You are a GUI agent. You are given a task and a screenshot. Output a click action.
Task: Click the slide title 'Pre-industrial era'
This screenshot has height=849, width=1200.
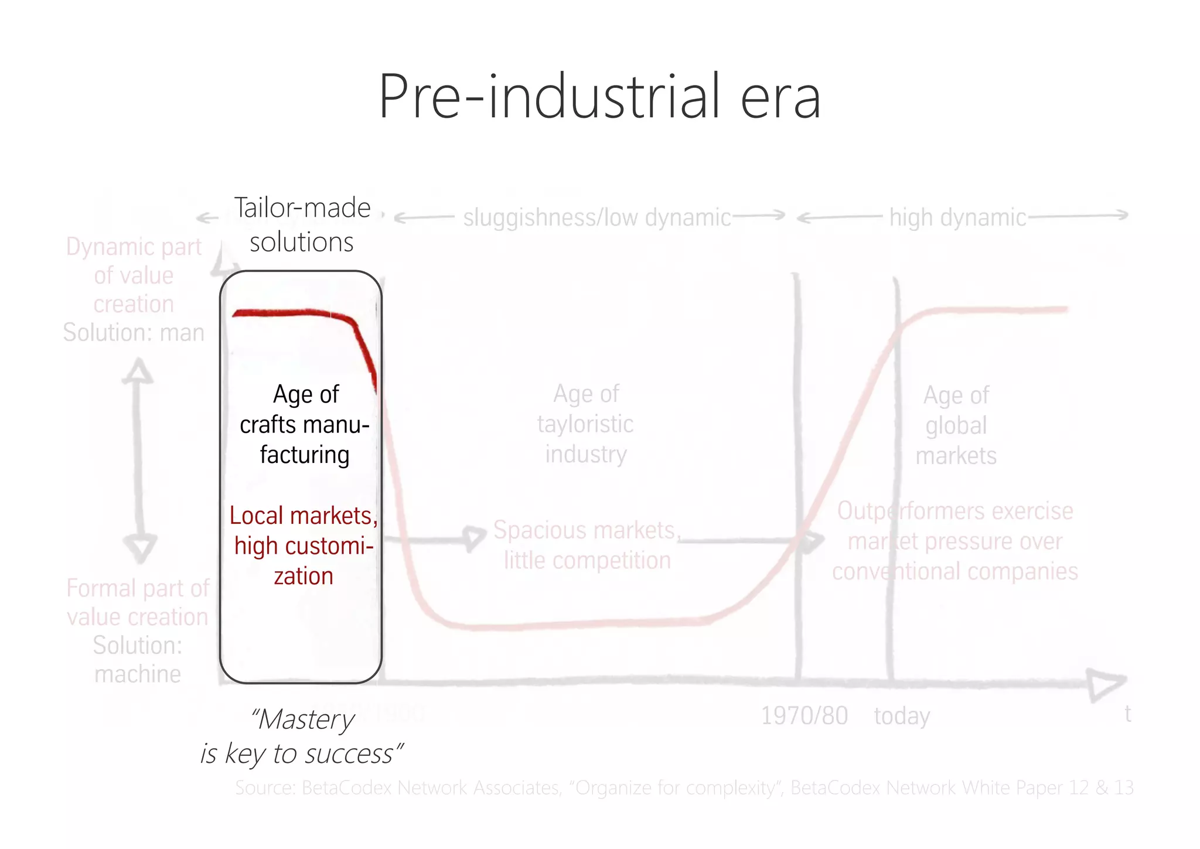click(x=599, y=97)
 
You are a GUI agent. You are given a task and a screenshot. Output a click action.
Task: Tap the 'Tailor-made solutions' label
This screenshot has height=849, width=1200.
click(x=302, y=225)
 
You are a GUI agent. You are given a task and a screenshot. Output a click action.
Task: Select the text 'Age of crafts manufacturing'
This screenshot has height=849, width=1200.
click(x=305, y=424)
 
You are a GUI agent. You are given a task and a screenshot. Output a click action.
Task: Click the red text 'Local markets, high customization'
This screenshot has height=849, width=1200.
click(x=304, y=545)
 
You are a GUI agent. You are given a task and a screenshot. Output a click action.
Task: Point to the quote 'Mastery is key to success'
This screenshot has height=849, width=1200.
click(x=302, y=737)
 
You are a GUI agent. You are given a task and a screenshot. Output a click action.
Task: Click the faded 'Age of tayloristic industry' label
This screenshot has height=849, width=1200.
click(x=585, y=424)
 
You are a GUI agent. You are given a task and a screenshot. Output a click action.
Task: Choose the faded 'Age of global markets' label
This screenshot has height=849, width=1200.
click(x=956, y=425)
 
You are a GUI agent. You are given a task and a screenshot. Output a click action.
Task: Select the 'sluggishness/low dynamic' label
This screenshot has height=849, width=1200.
click(x=596, y=217)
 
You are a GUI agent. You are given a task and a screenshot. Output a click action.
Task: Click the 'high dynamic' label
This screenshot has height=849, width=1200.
click(x=957, y=217)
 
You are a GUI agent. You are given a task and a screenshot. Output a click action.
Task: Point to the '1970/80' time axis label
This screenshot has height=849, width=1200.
click(x=804, y=715)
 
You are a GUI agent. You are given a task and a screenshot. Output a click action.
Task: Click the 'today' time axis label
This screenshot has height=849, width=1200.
click(x=902, y=716)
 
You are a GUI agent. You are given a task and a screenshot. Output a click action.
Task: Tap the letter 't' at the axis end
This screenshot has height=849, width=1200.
click(x=1127, y=714)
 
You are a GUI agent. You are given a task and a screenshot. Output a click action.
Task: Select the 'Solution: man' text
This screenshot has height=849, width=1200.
click(x=134, y=332)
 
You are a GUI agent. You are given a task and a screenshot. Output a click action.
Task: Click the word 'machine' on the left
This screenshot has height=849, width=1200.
click(x=138, y=674)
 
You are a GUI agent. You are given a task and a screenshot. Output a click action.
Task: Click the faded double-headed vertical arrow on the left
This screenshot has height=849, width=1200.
click(x=139, y=460)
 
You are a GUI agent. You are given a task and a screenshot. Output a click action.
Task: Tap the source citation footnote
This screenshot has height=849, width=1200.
click(x=684, y=787)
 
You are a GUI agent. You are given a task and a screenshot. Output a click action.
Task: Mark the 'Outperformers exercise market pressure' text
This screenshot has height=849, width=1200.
click(x=955, y=541)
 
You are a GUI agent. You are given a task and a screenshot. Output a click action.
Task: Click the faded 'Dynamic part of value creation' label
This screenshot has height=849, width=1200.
click(x=134, y=275)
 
